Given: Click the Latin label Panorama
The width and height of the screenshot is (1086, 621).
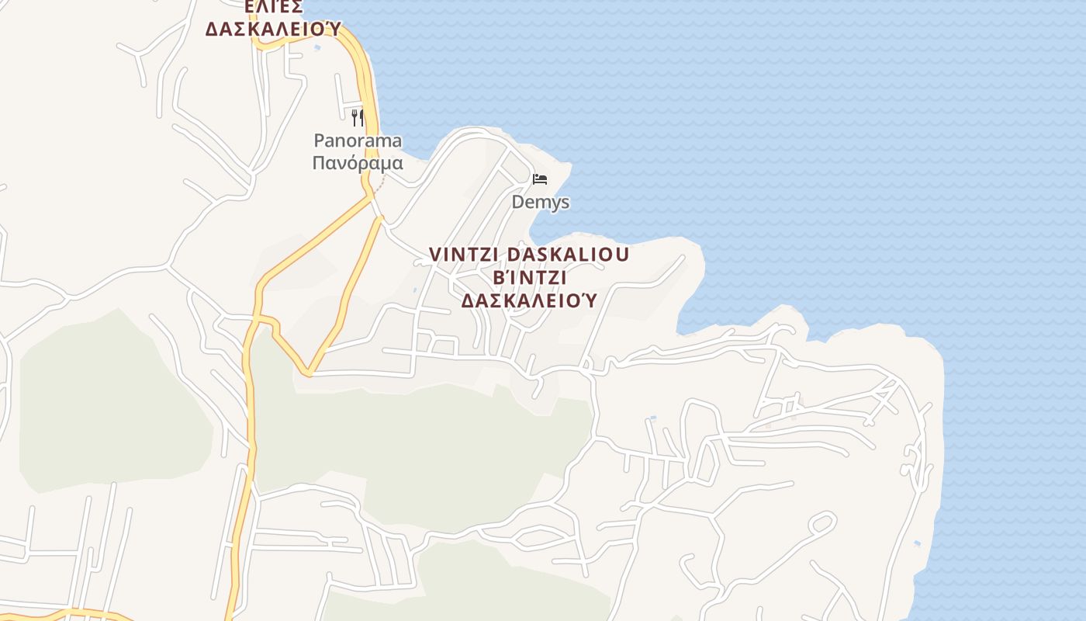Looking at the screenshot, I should tap(358, 141).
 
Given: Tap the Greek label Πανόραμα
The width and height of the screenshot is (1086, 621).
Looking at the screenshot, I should tap(358, 163).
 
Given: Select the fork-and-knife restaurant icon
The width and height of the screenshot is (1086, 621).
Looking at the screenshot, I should tap(358, 117).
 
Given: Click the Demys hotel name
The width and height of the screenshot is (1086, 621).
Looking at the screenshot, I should tap(540, 202).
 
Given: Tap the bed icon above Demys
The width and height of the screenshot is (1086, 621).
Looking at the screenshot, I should tap(540, 180).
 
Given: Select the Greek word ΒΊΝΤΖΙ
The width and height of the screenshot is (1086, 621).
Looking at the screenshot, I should tap(529, 277).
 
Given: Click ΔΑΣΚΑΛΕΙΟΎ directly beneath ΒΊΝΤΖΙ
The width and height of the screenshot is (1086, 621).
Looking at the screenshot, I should tap(529, 300).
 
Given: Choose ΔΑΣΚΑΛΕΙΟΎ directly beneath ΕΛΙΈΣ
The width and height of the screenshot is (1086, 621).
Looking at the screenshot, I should tap(272, 29).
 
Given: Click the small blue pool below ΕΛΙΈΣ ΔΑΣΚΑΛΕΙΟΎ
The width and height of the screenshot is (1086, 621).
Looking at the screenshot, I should tap(316, 47).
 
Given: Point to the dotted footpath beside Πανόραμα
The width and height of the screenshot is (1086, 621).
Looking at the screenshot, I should tap(380, 183).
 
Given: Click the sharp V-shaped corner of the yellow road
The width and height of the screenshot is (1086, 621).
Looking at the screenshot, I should tap(308, 373).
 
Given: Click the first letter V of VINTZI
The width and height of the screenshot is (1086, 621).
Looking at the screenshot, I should tap(434, 255).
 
